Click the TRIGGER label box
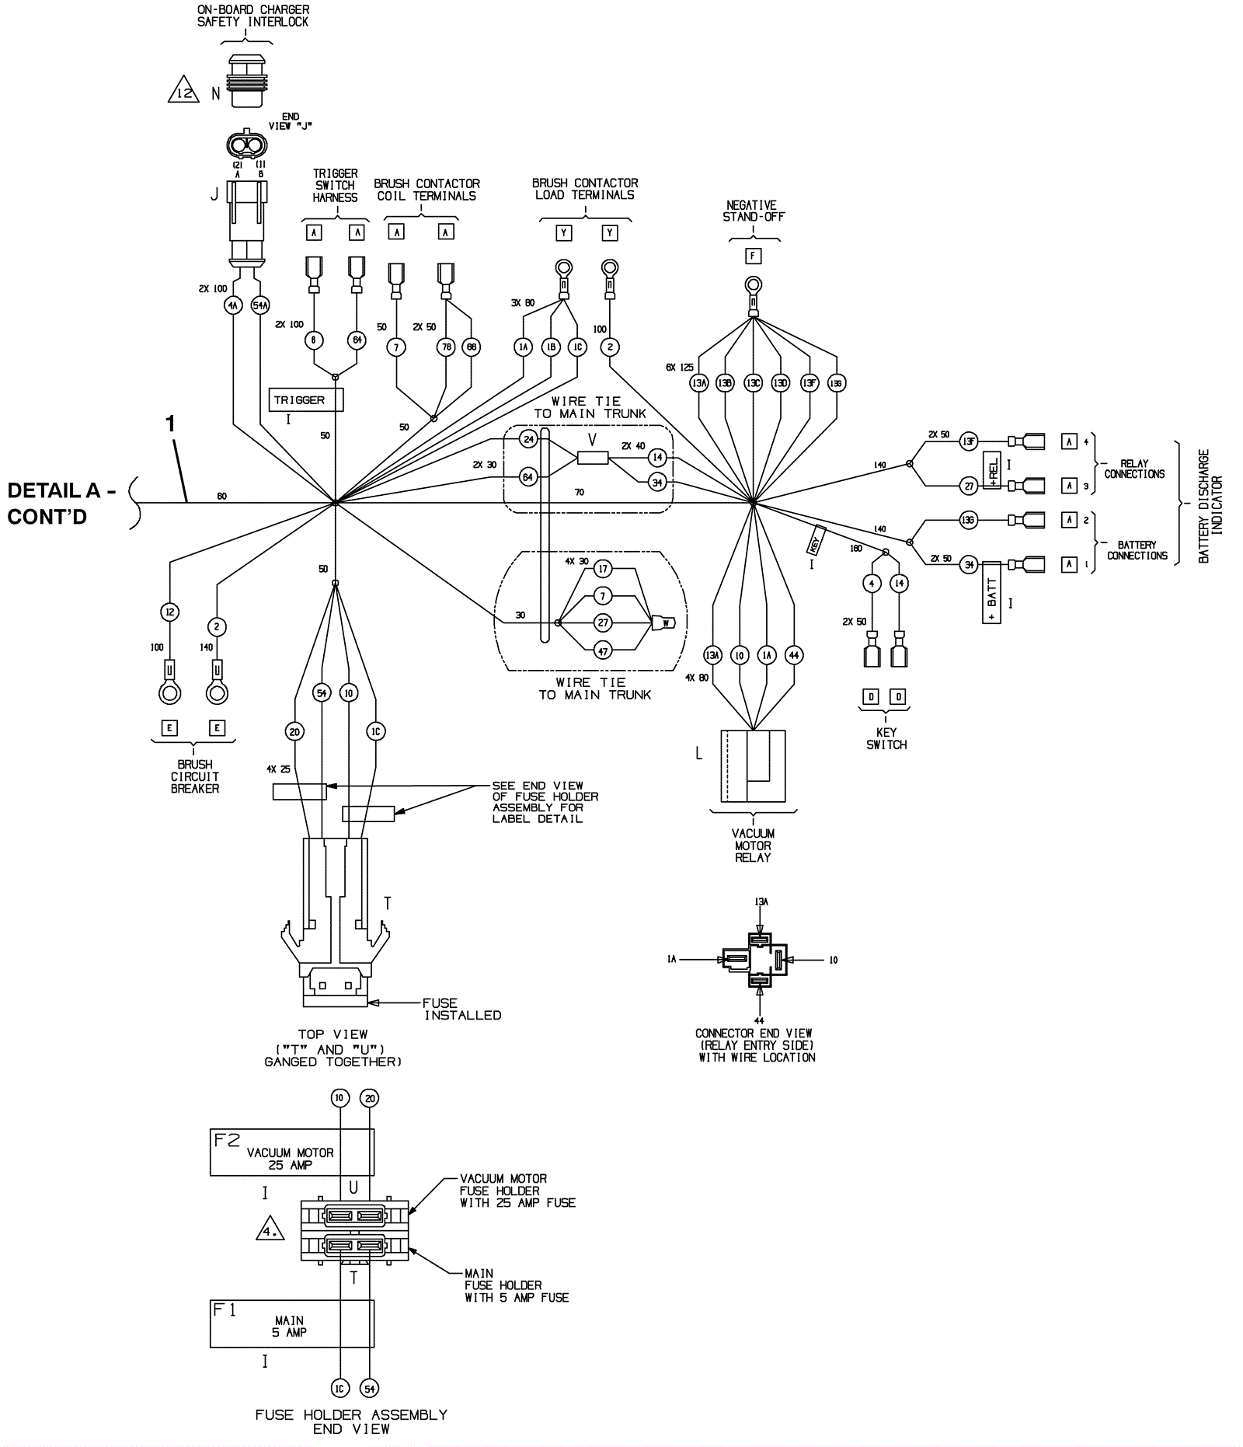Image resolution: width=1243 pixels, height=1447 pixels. point(305,399)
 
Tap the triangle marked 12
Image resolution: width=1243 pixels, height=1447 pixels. point(183,92)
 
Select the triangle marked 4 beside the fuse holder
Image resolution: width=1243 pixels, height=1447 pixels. point(270,1229)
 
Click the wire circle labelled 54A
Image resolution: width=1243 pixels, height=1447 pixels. point(260,305)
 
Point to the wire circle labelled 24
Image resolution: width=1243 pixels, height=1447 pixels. point(528,439)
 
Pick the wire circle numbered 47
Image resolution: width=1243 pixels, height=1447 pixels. point(603,651)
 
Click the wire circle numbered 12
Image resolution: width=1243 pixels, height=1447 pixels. point(170,612)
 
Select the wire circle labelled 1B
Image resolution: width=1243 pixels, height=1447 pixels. point(551,347)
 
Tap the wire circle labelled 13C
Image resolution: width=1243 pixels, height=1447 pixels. point(753,383)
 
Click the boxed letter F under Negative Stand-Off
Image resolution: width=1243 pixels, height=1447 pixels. point(753,255)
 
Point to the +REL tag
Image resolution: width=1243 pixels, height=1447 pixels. point(991,470)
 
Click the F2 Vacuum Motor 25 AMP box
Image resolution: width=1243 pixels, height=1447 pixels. point(291,1152)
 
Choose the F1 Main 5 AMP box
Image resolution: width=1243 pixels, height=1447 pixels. point(291,1323)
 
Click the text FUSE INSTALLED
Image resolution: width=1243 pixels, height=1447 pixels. point(461,1009)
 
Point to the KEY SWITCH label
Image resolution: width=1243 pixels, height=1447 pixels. point(886,738)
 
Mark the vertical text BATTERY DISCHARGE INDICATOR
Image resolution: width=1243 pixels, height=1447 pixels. point(1210,506)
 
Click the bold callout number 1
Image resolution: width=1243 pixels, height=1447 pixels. point(170,424)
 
